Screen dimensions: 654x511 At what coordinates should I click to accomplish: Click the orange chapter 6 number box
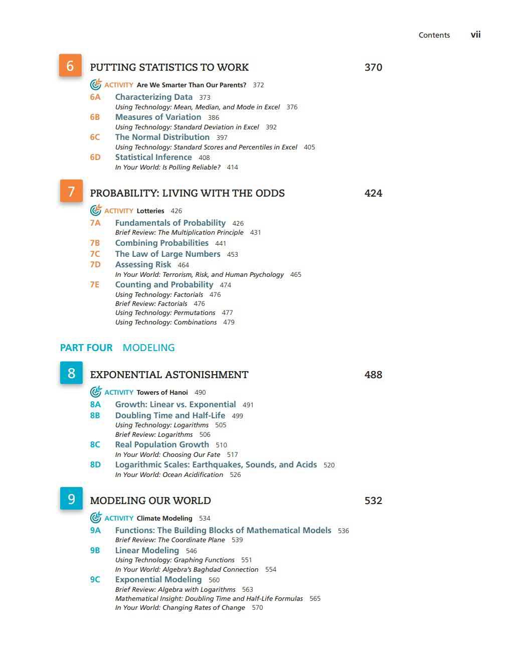[x=70, y=66]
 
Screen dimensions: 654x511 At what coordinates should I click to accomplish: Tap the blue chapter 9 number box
[x=71, y=499]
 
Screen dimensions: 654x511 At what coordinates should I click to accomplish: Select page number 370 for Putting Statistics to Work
[x=373, y=67]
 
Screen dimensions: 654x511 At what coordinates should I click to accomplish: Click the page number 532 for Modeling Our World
[x=373, y=501]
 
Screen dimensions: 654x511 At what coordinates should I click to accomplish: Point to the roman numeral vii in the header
[x=475, y=35]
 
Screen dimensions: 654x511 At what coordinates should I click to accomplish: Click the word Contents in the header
[x=434, y=35]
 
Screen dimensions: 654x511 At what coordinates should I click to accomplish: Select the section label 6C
[x=95, y=137]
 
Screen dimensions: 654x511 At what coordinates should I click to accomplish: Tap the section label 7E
[x=95, y=284]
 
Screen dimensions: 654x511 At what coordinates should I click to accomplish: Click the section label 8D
[x=95, y=464]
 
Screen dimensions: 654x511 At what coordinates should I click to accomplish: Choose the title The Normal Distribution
[x=162, y=137]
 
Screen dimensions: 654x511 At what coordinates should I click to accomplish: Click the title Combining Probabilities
[x=162, y=243]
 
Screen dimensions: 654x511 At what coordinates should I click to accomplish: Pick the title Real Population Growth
[x=162, y=444]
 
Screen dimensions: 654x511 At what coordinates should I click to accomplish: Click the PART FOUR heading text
[x=86, y=348]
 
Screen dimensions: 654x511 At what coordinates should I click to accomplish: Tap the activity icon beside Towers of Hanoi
[x=96, y=392]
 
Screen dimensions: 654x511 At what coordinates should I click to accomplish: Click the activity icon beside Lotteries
[x=96, y=210]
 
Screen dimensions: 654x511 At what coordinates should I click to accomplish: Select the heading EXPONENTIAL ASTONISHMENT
[x=169, y=375]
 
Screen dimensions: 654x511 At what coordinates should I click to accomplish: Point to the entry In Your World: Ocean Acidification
[x=169, y=474]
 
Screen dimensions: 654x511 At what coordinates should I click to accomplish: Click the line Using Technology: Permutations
[x=165, y=312]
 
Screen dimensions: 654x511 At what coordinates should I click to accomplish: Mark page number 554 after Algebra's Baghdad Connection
[x=271, y=569]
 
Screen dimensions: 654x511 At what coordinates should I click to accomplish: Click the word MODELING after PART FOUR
[x=148, y=348]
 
